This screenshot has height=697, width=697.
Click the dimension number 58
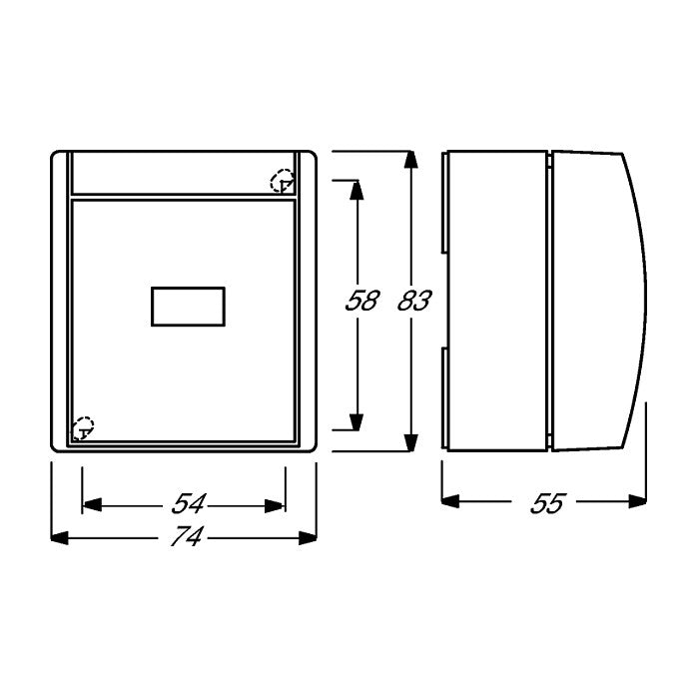point(361,301)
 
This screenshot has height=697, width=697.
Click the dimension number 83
point(414,301)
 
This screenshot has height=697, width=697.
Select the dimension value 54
point(189,503)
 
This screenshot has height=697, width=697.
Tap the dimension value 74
point(187,536)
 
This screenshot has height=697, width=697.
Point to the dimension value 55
point(547,503)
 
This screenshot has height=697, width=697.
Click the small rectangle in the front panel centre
point(188,307)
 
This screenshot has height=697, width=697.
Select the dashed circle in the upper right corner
point(283,181)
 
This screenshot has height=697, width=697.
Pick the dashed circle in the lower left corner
point(83,428)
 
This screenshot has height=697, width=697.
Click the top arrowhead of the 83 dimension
point(410,160)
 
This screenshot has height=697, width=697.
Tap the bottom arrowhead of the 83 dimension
point(410,442)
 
